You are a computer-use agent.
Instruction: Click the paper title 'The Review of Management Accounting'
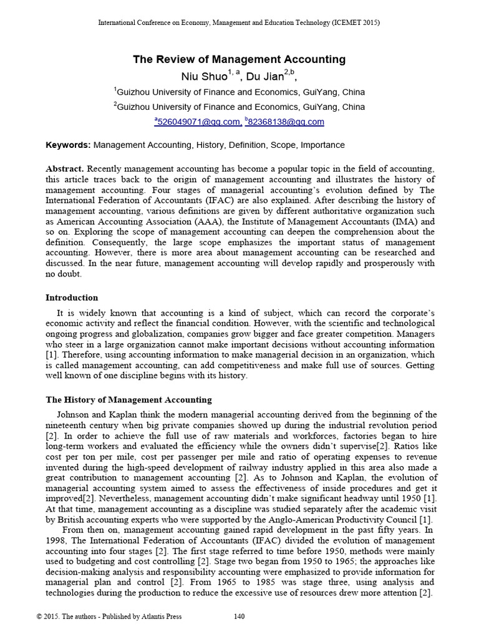[x=239, y=59]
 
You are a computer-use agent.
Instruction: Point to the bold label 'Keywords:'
[x=69, y=145]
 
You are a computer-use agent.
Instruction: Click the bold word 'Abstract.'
[x=65, y=169]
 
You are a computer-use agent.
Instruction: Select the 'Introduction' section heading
[x=72, y=298]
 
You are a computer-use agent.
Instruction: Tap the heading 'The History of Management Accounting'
[x=129, y=399]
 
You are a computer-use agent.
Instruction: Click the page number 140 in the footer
[x=239, y=617]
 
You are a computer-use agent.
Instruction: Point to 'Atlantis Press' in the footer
[x=160, y=617]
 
